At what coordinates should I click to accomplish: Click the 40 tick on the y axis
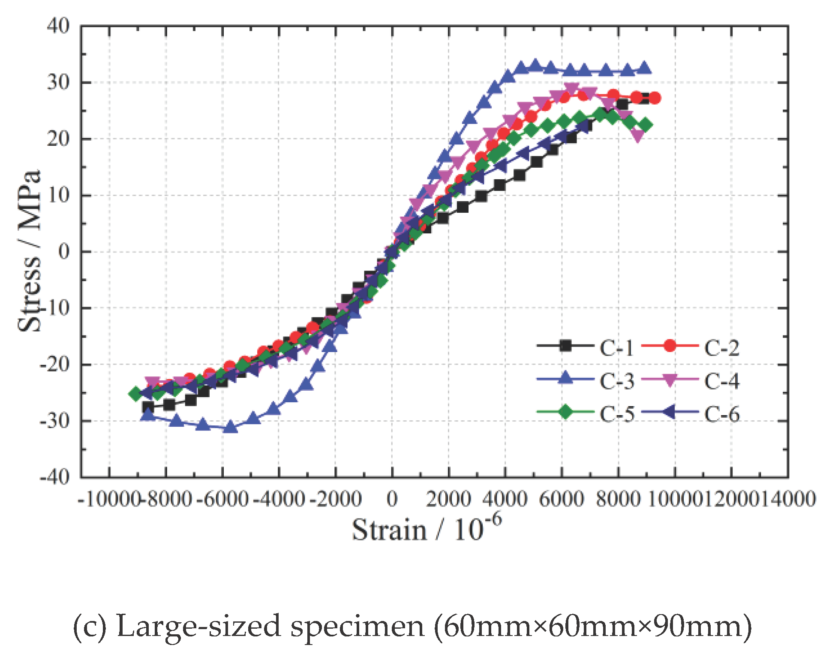click(59, 27)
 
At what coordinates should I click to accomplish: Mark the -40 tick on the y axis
click(54, 477)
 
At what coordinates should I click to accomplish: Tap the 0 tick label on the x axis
click(392, 499)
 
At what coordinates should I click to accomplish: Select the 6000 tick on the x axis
click(562, 499)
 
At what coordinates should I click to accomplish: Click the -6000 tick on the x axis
click(222, 499)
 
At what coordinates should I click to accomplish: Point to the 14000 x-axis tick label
click(788, 499)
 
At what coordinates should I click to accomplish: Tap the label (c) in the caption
click(89, 627)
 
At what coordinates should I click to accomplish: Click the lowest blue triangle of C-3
click(231, 427)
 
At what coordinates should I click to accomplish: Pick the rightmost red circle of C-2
click(654, 98)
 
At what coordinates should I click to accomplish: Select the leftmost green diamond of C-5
click(135, 393)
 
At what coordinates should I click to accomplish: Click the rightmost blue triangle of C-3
click(644, 69)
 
